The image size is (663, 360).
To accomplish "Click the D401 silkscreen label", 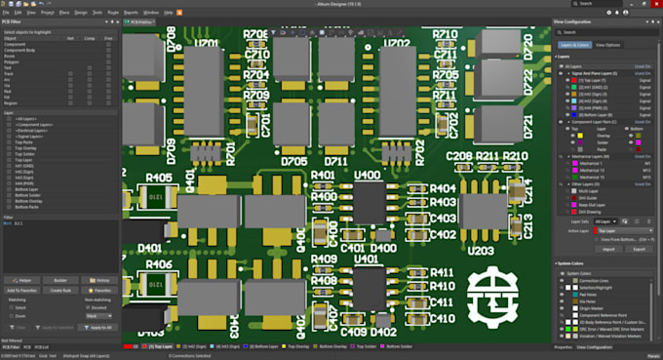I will [x=149, y=249].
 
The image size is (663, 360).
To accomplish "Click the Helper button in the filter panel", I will [x=24, y=280].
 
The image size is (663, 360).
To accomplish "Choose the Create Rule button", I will [x=60, y=290].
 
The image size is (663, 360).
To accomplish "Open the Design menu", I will [x=81, y=13].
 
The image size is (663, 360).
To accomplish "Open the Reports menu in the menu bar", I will [x=131, y=13].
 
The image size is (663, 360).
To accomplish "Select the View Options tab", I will [x=607, y=45].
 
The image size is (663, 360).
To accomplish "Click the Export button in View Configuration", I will [x=639, y=249].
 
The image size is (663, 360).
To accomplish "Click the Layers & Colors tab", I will [x=574, y=45].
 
